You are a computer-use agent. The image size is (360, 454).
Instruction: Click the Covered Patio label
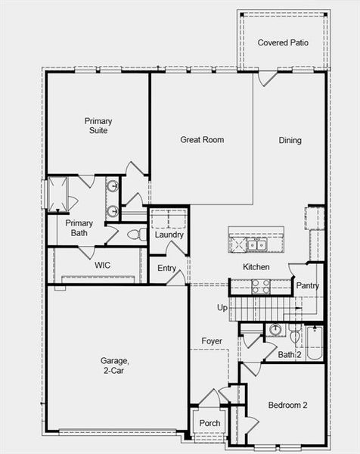click(283, 42)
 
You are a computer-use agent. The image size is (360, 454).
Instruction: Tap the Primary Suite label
click(98, 126)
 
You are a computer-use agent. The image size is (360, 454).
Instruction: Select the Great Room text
click(202, 139)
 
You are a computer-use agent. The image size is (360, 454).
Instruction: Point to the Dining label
click(290, 140)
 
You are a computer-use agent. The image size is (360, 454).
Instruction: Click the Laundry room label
click(169, 235)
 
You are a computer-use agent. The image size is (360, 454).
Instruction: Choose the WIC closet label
click(103, 265)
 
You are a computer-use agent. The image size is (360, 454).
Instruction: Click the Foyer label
click(212, 341)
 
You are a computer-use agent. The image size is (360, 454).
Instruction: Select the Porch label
click(209, 422)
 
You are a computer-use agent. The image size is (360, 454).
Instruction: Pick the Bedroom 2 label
click(288, 405)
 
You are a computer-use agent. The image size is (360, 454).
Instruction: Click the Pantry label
click(307, 286)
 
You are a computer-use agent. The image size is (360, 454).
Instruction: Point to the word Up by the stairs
click(222, 308)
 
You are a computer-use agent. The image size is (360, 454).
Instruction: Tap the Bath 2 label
click(287, 354)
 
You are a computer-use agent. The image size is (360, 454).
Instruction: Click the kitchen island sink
click(256, 244)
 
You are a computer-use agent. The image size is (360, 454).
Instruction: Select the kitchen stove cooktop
click(260, 286)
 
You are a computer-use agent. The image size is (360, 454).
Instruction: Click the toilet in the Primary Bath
click(137, 235)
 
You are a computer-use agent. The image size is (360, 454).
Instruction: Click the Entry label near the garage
click(167, 268)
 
